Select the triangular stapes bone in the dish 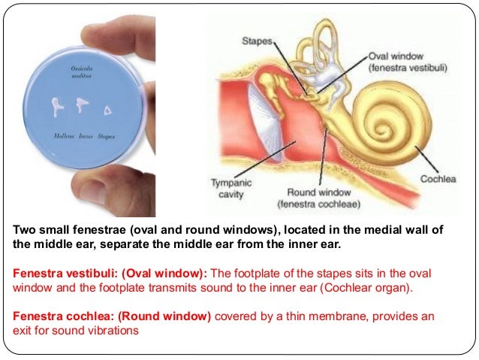(x=109, y=110)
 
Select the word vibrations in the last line (x=113, y=330)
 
